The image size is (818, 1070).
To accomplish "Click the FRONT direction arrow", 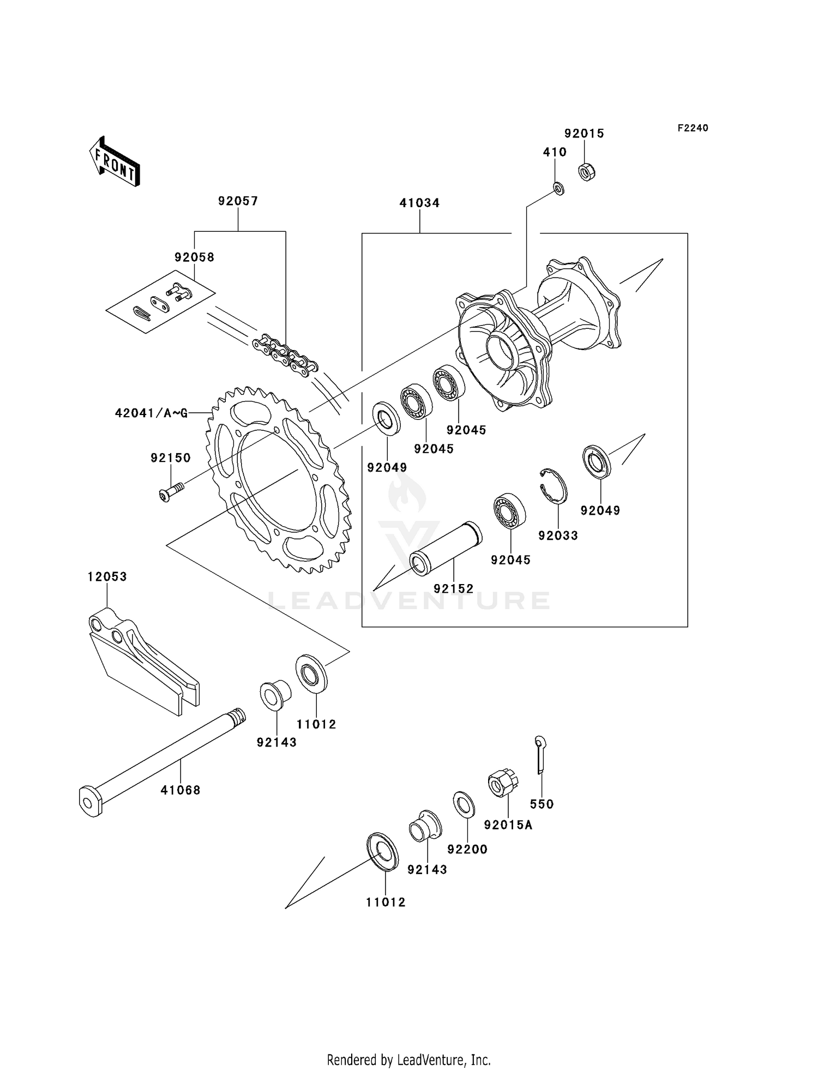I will pyautogui.click(x=115, y=162).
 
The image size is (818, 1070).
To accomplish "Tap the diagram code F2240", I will pyautogui.click(x=693, y=128).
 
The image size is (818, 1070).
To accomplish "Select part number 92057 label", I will pyautogui.click(x=238, y=201).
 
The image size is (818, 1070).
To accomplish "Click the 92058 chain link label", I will pyautogui.click(x=194, y=257).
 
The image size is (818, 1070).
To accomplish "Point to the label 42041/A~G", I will pyautogui.click(x=151, y=413).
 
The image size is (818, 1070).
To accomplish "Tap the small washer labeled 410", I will pyautogui.click(x=558, y=188).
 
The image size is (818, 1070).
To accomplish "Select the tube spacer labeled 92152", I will pyautogui.click(x=446, y=549).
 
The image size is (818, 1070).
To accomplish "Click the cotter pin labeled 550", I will pyautogui.click(x=540, y=754).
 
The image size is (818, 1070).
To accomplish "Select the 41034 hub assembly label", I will pyautogui.click(x=419, y=203).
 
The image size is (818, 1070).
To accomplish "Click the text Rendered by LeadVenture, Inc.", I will pyautogui.click(x=408, y=1060).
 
